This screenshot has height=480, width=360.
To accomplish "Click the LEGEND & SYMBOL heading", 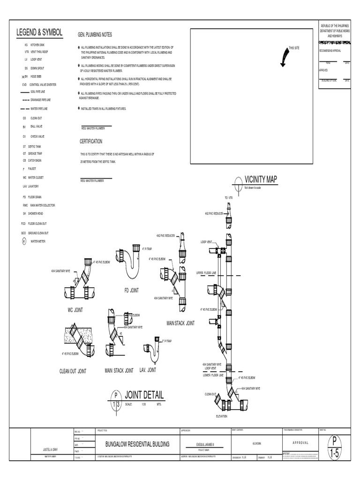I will [x=39, y=32].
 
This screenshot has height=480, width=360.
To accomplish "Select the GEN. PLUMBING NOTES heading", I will [x=95, y=35].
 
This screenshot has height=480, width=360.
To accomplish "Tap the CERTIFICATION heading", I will [x=91, y=141].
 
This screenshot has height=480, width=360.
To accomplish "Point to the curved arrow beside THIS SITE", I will [x=283, y=57].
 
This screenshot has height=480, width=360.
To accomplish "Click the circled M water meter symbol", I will [x=24, y=241].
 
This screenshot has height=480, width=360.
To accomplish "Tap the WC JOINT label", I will [x=75, y=310].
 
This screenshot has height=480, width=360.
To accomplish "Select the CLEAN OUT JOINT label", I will [x=73, y=371].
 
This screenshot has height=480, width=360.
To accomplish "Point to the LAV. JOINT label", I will [x=148, y=370].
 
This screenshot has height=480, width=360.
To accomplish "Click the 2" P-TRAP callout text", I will [x=166, y=341].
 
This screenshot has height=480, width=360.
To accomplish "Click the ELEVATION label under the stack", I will [x=221, y=416].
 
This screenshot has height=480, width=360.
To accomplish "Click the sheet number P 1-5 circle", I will [x=334, y=448].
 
